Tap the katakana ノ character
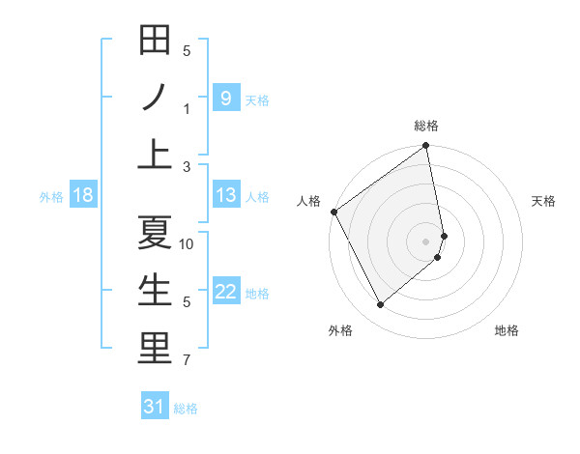155,97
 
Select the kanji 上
155,155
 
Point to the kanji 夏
155,232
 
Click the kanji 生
155,290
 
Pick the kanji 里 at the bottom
155,349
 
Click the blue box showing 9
225,98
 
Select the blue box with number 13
225,195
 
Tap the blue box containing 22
225,292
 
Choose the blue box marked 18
83,195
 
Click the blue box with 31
155,407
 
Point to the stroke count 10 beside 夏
187,244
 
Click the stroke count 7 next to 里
187,361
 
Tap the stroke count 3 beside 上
187,167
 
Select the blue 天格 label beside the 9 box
257,100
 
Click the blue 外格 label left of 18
51,197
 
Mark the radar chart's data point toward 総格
425,147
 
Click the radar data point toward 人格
333,212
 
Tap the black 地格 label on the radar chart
507,331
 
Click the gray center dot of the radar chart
426,241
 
